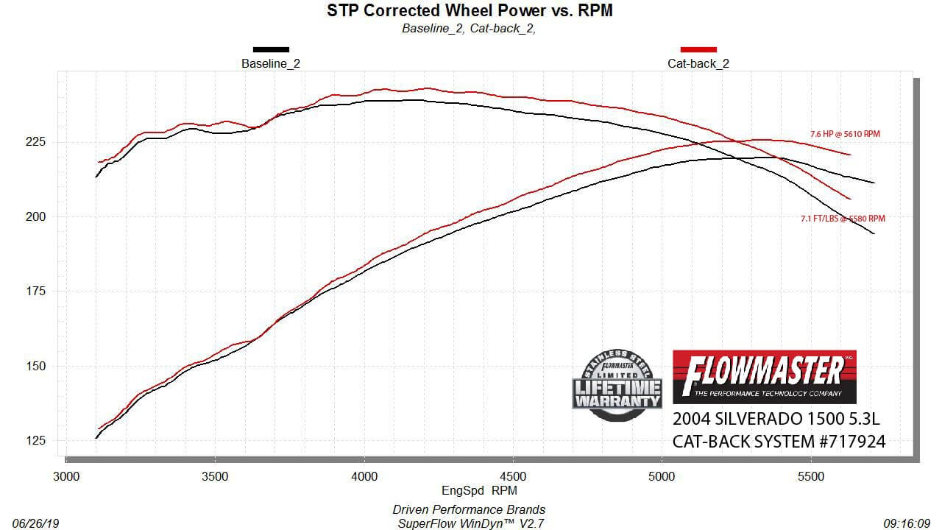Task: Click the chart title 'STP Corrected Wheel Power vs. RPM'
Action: (470, 10)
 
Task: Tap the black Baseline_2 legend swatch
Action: (271, 49)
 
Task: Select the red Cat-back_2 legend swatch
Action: (698, 49)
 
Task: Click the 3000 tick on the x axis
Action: (67, 476)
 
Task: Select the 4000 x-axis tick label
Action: (364, 476)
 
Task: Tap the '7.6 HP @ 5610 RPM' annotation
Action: (845, 135)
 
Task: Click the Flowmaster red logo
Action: (765, 376)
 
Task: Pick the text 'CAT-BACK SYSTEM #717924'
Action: (779, 442)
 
